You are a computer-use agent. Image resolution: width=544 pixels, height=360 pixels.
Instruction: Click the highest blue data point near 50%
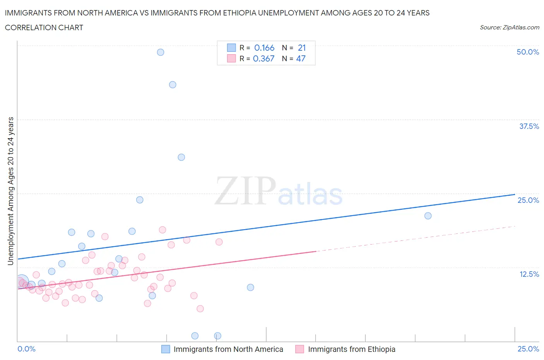tap(161, 52)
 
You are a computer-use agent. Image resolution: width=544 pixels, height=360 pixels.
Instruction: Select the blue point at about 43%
tap(173, 85)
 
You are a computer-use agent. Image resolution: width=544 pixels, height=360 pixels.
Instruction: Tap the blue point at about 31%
tap(181, 157)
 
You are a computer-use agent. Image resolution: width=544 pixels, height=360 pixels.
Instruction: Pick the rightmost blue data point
tap(428, 216)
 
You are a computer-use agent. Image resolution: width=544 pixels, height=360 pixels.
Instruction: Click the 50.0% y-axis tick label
tap(528, 52)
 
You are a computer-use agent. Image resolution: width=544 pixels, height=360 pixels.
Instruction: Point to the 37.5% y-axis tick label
tap(529, 127)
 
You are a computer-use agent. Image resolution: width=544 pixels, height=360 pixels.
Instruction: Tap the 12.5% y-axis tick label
tap(529, 274)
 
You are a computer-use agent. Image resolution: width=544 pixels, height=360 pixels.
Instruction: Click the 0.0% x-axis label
tap(27, 349)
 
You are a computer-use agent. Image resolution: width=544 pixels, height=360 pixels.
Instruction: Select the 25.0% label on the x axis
tap(528, 349)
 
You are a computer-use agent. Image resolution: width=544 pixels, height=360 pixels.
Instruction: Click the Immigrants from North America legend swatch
tap(166, 349)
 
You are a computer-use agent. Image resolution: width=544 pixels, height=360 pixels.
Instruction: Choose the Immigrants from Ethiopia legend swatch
tap(299, 349)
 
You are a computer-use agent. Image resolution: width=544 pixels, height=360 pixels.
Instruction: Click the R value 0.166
tap(264, 48)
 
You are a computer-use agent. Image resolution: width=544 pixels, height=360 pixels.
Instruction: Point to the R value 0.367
tap(263, 59)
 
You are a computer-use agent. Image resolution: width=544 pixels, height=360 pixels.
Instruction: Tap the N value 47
tap(301, 59)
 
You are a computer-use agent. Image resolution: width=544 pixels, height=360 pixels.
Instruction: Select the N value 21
tap(302, 48)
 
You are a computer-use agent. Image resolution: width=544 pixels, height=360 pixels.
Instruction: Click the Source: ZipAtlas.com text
tap(509, 27)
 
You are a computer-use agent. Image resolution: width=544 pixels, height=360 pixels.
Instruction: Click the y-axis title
tap(11, 191)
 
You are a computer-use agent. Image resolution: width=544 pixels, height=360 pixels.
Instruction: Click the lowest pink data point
tap(200, 309)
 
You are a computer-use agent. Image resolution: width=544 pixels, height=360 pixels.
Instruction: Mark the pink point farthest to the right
tap(219, 242)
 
